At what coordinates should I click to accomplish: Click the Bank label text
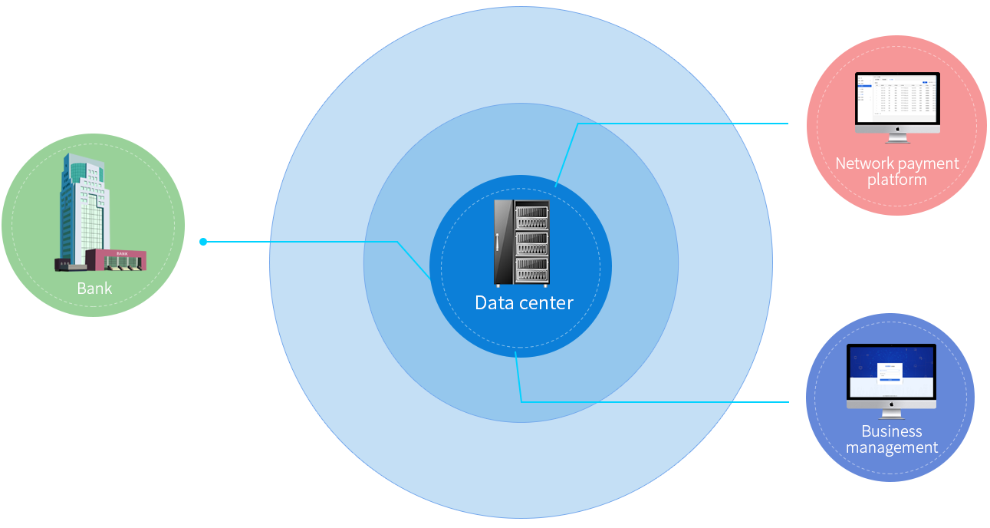coord(94,289)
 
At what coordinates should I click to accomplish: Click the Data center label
coord(524,302)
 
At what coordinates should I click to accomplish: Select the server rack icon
coord(521,242)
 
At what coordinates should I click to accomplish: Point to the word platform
coord(896,180)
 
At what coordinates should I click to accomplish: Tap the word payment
coord(928,164)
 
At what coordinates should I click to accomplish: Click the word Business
coord(892,431)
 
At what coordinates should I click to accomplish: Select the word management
coord(892,447)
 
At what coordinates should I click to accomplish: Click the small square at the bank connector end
coord(202,242)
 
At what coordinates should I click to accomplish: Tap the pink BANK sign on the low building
coord(122,252)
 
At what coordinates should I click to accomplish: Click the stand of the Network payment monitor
coord(897,138)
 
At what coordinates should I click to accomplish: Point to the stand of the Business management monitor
coord(891,413)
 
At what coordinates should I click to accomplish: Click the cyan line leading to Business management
coord(652,401)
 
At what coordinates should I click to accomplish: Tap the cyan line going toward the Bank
coord(307,242)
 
